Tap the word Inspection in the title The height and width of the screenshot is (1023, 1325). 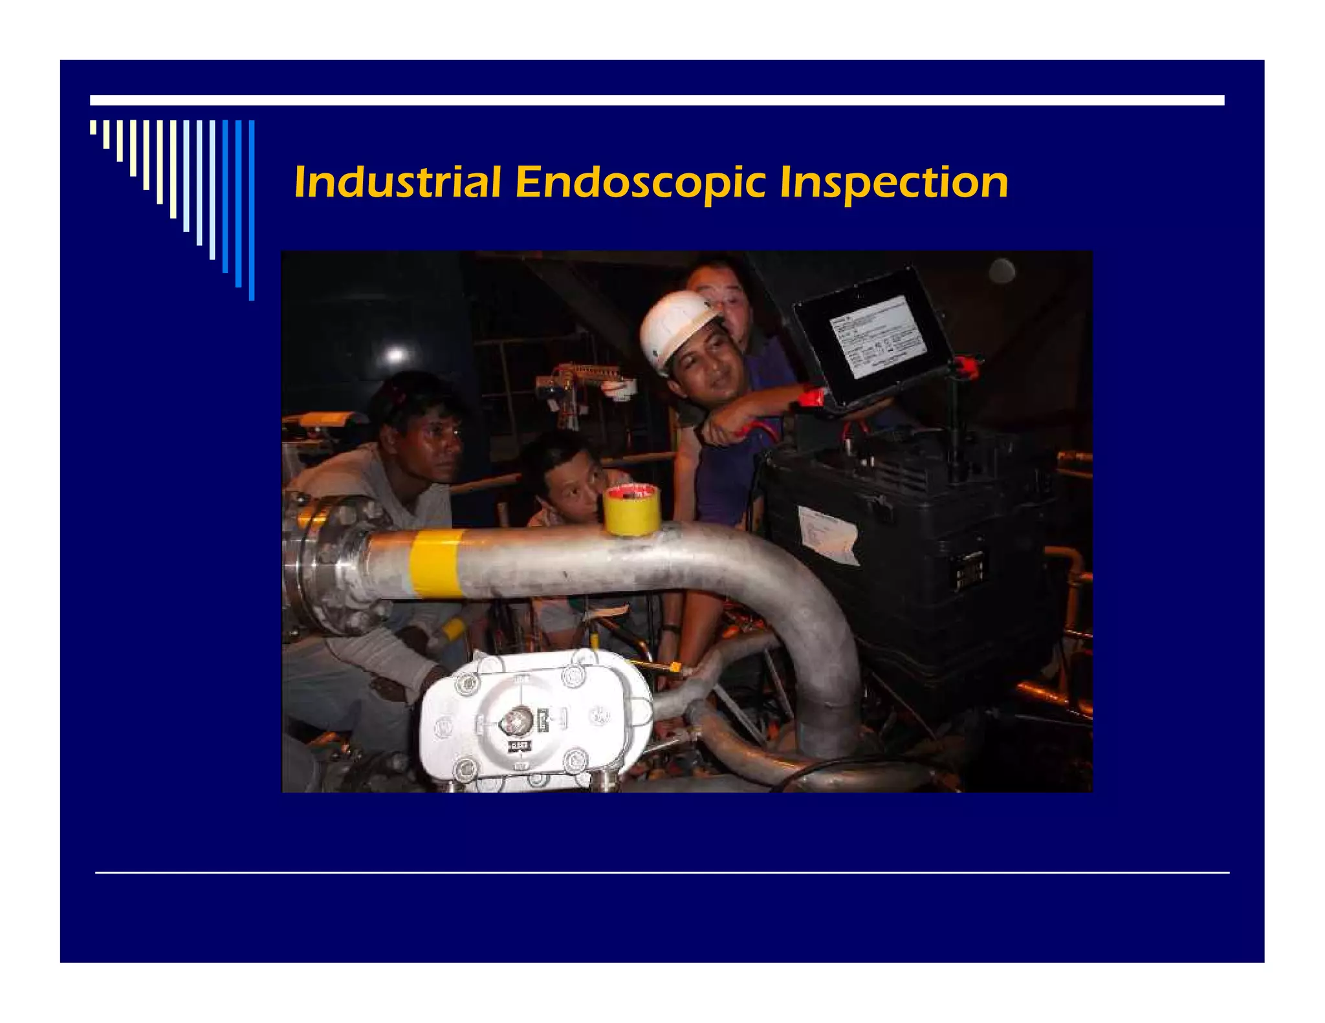(893, 183)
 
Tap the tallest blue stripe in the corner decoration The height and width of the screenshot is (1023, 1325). (252, 210)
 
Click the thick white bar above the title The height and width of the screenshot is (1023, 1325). (657, 100)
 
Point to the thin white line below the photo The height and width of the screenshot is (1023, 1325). (661, 873)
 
